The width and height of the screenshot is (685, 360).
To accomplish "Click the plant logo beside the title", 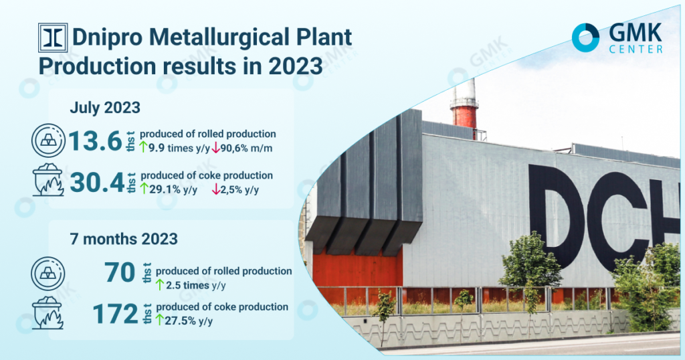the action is click(53, 37).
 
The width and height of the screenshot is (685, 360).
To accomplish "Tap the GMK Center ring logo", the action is click(585, 37).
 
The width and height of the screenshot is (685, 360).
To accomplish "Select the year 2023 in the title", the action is click(295, 66).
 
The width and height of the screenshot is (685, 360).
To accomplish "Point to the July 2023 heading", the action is click(105, 108).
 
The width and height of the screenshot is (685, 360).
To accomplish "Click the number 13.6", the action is click(95, 141).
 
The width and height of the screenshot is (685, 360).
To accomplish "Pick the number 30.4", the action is click(98, 183).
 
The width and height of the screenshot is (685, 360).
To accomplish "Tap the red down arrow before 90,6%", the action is click(215, 148).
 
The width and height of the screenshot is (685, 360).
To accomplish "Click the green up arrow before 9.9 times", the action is click(143, 147).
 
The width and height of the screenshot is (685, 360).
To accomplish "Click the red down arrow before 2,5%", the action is click(216, 189).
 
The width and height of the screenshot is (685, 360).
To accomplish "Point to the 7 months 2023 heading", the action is click(124, 239).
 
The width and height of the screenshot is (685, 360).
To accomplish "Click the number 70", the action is click(120, 272).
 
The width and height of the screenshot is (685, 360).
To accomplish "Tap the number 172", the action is click(115, 314).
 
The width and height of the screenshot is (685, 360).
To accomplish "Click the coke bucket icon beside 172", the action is click(48, 312).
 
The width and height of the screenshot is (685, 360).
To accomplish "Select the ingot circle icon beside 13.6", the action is click(48, 141).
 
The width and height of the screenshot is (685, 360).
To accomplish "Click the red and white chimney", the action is click(464, 108).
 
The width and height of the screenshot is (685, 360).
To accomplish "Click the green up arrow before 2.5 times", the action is click(160, 285).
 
